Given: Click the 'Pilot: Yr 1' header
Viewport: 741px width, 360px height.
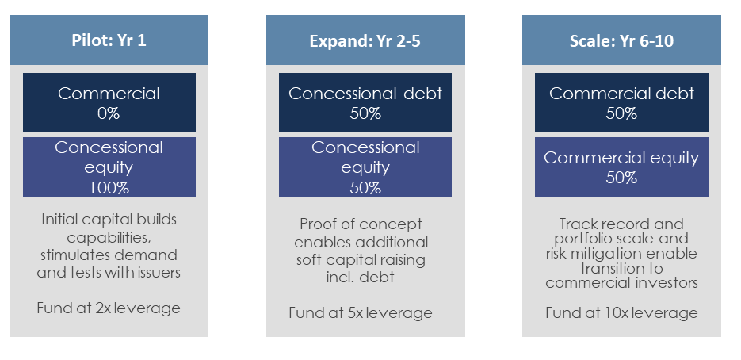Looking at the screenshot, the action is (x=109, y=40).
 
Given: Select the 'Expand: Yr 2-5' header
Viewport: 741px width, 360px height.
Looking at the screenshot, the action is (x=365, y=40).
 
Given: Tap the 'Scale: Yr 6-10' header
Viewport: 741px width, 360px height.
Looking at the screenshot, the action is (x=621, y=40).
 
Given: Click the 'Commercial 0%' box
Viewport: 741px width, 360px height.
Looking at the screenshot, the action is (x=109, y=102).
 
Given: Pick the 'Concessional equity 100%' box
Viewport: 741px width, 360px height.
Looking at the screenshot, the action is (x=109, y=167).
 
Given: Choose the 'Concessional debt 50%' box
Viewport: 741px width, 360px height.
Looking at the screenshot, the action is (x=365, y=102).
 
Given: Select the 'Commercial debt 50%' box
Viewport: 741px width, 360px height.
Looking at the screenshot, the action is (x=621, y=102).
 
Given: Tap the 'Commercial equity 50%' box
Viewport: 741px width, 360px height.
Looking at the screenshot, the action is (x=621, y=167).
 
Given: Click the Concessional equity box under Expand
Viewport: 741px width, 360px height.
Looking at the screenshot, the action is (x=365, y=167).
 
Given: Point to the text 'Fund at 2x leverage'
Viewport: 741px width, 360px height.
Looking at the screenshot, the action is (x=109, y=308).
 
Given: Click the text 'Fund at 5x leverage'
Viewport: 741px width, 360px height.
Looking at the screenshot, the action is (x=361, y=313).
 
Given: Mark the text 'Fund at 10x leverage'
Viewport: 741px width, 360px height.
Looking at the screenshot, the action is (x=621, y=313).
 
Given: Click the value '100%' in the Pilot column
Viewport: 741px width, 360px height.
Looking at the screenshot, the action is (x=109, y=188).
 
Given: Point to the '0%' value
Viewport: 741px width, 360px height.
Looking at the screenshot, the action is (x=109, y=113).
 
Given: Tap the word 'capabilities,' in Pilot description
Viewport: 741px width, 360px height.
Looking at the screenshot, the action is (x=109, y=237).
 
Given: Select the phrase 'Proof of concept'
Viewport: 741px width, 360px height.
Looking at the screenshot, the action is (x=361, y=224).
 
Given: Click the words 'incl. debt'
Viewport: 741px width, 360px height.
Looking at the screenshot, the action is (x=360, y=278).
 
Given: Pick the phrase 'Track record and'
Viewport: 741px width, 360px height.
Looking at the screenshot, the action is (x=621, y=224).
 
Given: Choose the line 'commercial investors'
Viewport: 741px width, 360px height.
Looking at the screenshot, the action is (x=621, y=283).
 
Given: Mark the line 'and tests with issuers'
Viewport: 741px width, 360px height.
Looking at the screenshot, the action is (x=109, y=273).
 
